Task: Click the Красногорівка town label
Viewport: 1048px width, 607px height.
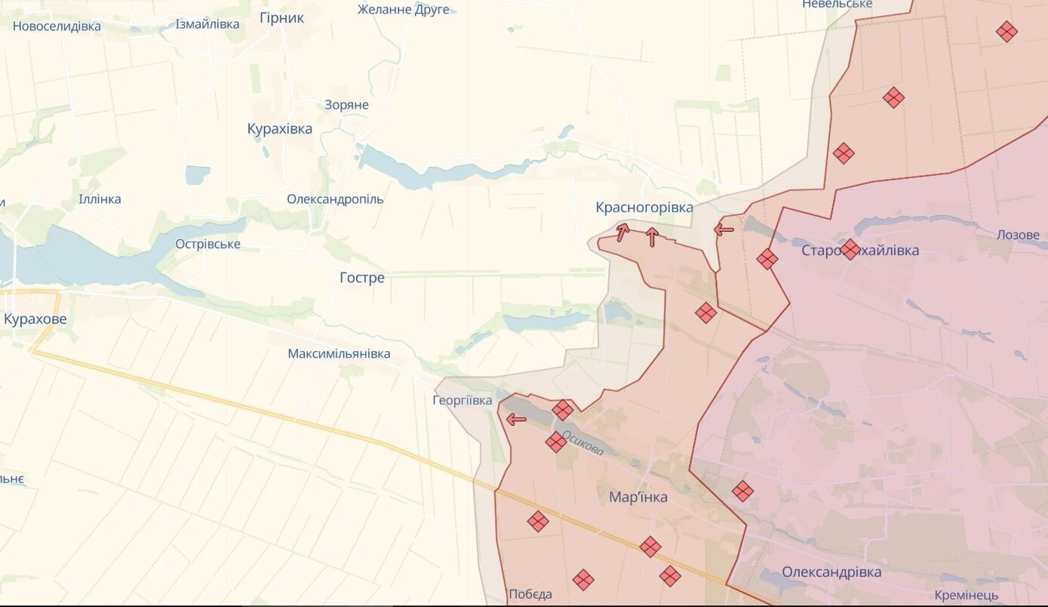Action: pyautogui.click(x=644, y=208)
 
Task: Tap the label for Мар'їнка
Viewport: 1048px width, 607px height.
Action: pyautogui.click(x=638, y=497)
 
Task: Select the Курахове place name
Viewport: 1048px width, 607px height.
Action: pyautogui.click(x=35, y=319)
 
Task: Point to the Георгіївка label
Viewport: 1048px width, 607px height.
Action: pyautogui.click(x=462, y=400)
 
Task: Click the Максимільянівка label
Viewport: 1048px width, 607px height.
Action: pyautogui.click(x=339, y=353)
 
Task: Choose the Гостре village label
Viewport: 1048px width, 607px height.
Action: pyautogui.click(x=361, y=278)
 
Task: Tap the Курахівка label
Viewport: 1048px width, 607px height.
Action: pyautogui.click(x=279, y=129)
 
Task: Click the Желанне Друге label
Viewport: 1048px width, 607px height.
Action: pyautogui.click(x=403, y=10)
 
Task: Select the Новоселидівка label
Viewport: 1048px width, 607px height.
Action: pyautogui.click(x=57, y=26)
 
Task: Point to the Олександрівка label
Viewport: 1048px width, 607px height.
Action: pyautogui.click(x=831, y=572)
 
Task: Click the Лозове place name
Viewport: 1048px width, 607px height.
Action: pyautogui.click(x=1017, y=235)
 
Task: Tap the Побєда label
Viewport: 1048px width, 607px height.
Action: pyautogui.click(x=530, y=594)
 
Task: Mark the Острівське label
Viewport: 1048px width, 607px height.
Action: pyautogui.click(x=207, y=244)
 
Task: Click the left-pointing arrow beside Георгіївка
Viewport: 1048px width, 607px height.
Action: pyautogui.click(x=516, y=419)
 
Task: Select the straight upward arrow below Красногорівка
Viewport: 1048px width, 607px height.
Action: pyautogui.click(x=652, y=237)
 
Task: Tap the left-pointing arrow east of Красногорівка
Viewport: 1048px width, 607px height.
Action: pyautogui.click(x=724, y=229)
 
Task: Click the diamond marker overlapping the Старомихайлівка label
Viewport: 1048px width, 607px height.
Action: pyautogui.click(x=850, y=249)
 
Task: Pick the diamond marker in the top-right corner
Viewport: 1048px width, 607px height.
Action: pyautogui.click(x=1006, y=32)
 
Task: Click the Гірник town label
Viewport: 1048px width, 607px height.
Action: pyautogui.click(x=281, y=18)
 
